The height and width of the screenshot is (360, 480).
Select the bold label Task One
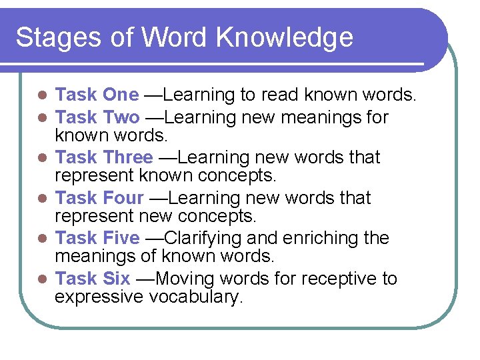click(x=97, y=96)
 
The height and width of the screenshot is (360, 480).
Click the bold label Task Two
click(x=97, y=118)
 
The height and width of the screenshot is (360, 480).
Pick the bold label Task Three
click(x=104, y=158)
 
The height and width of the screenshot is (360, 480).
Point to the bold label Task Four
click(x=99, y=198)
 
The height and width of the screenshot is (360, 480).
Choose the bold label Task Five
click(x=97, y=238)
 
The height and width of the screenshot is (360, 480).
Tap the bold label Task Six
click(x=93, y=278)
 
